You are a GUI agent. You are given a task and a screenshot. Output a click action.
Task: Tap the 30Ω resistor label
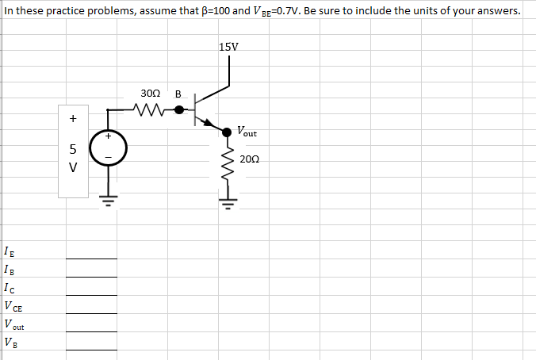click(150, 94)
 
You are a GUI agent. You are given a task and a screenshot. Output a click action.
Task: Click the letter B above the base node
click(178, 94)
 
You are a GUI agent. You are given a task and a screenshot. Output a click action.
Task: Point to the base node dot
click(190, 109)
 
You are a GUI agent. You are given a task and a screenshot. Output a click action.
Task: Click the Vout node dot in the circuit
click(227, 132)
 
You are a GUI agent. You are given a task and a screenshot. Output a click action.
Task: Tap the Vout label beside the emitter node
click(246, 131)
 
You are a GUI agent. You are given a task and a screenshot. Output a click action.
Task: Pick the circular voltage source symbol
click(109, 147)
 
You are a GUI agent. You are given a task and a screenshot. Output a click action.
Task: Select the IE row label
click(9, 253)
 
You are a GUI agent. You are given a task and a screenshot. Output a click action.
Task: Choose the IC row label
click(9, 289)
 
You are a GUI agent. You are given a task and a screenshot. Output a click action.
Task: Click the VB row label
click(9, 343)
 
